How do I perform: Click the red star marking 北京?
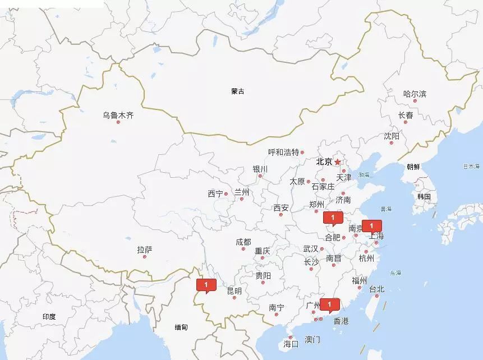(x=338, y=162)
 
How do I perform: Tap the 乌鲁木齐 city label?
(x=118, y=116)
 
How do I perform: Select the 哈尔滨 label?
(x=415, y=94)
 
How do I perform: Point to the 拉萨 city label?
(x=144, y=250)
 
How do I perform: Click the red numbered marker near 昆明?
(x=206, y=285)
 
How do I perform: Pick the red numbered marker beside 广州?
(x=330, y=304)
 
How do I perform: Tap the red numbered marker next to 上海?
(x=371, y=226)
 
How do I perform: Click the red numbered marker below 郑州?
(x=333, y=218)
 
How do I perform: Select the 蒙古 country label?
(x=238, y=91)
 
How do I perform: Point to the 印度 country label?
(x=49, y=317)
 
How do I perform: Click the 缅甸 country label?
(x=181, y=327)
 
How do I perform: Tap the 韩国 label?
(x=424, y=197)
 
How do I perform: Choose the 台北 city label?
(x=376, y=289)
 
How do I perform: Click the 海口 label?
(x=291, y=343)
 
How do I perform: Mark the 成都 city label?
(x=243, y=242)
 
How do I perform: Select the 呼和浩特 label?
(x=283, y=152)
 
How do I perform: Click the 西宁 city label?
(x=215, y=194)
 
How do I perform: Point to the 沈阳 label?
(x=392, y=136)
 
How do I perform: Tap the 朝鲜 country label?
(x=413, y=167)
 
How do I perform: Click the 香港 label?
(x=341, y=321)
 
